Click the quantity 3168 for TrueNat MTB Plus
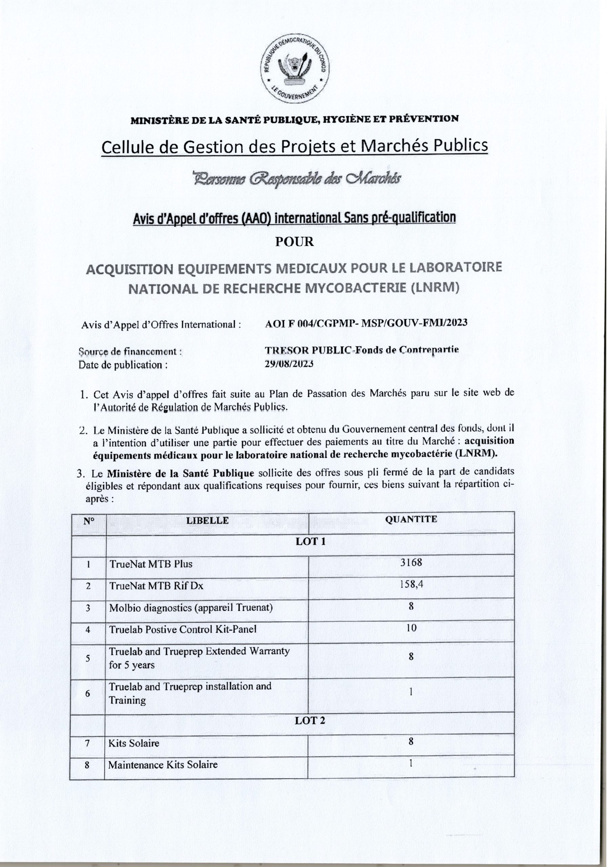pos(411,563)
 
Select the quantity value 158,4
pos(411,585)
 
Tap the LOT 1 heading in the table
pos(310,542)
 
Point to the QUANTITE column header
pos(411,519)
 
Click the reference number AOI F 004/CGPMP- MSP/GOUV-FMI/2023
pos(366,322)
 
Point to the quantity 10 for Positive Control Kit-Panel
pos(411,628)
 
